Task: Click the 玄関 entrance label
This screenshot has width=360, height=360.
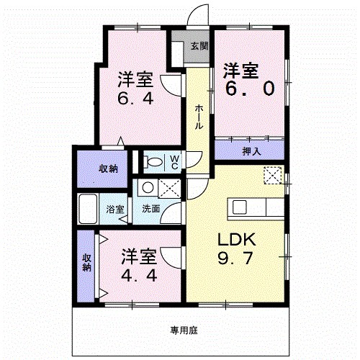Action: pos(199,45)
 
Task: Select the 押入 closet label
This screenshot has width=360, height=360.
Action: pos(251,151)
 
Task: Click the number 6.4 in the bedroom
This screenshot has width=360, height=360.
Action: pos(135,96)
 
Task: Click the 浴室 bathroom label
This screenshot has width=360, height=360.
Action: pos(115,210)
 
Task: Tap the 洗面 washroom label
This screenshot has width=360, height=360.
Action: pos(150,210)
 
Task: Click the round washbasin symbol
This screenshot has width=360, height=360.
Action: pos(147,187)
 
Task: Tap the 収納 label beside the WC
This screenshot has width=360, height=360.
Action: pos(109,168)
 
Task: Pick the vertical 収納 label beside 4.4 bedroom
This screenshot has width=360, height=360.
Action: pos(86,262)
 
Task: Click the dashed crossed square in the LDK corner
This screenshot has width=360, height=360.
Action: pos(273,175)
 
